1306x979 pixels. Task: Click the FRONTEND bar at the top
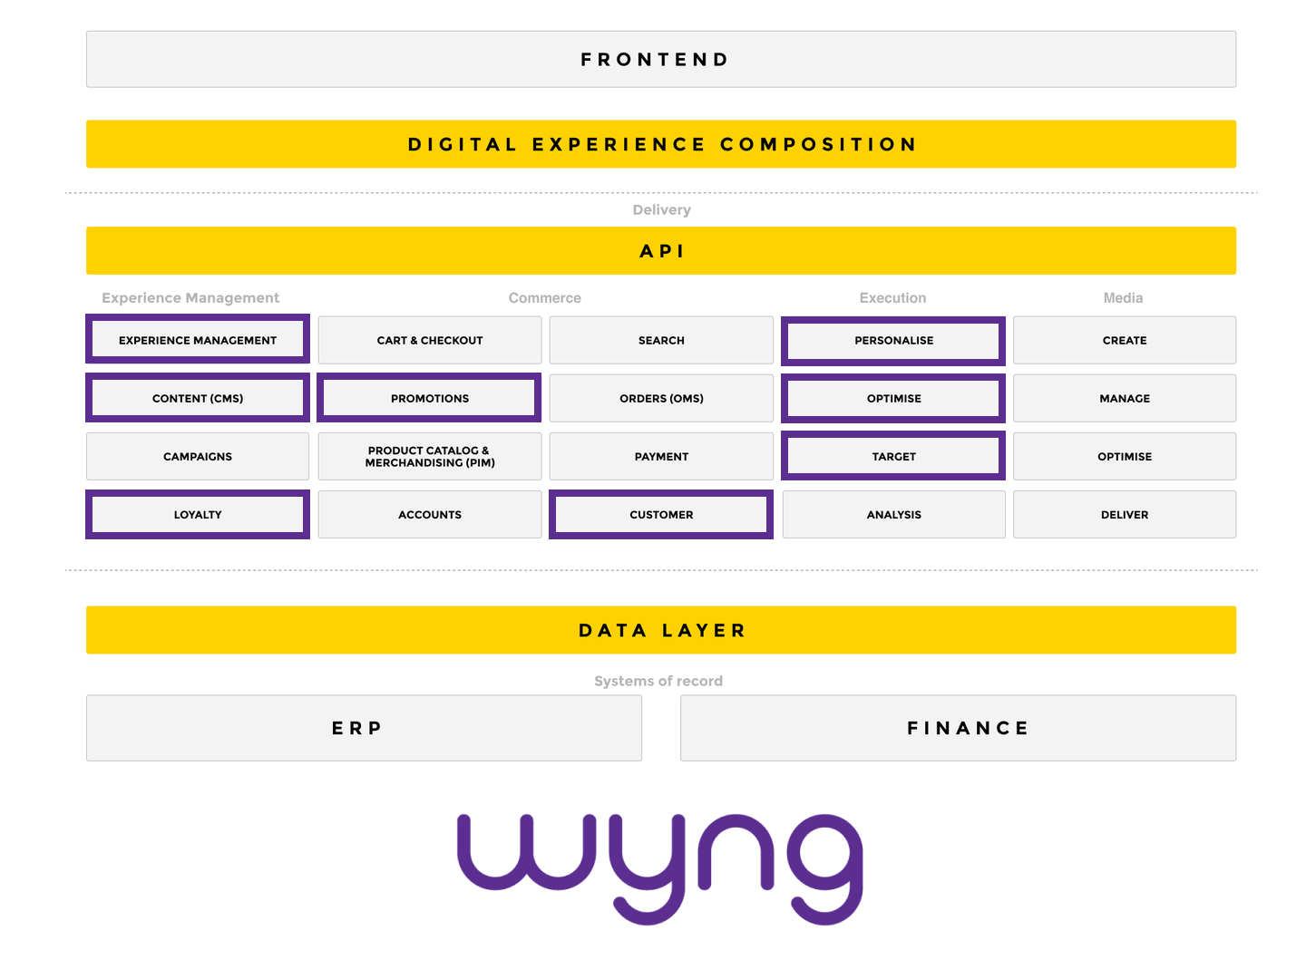tap(660, 60)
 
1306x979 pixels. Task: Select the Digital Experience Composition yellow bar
tap(660, 144)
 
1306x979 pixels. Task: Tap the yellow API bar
tap(660, 251)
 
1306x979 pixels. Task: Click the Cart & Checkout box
tap(430, 341)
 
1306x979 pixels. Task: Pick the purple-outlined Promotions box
tap(430, 398)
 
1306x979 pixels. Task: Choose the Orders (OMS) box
tap(661, 399)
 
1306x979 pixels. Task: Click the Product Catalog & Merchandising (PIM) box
tap(430, 457)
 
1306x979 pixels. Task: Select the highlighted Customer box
tap(661, 515)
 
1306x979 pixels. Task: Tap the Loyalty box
tap(198, 515)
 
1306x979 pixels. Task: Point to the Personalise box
tap(893, 341)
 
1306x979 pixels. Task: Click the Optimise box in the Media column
tap(1124, 457)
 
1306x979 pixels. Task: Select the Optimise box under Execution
tap(893, 399)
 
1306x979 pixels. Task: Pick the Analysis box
tap(893, 515)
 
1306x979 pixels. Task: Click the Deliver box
tap(1124, 515)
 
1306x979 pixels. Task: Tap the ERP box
tap(364, 728)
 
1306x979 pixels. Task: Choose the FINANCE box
tap(958, 728)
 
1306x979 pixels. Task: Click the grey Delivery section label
tap(661, 209)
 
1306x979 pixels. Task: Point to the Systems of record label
tap(658, 681)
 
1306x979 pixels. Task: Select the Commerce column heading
tap(544, 298)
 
